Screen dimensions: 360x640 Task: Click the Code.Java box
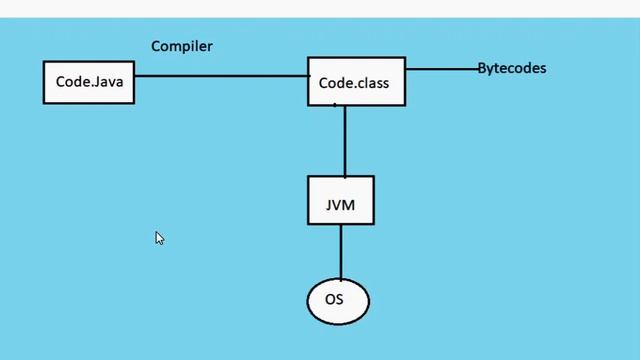click(88, 82)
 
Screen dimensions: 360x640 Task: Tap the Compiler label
click(181, 46)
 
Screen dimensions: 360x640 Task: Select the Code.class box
click(355, 81)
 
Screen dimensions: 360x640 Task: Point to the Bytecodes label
click(511, 68)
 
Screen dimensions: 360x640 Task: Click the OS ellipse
click(339, 300)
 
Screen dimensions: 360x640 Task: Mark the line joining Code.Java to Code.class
click(220, 75)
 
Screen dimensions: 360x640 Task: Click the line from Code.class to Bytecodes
click(440, 69)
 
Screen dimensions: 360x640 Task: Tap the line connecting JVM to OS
click(340, 252)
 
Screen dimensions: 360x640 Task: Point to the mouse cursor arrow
click(158, 237)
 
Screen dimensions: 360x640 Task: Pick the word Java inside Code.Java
click(108, 82)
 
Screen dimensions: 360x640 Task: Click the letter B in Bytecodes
click(481, 68)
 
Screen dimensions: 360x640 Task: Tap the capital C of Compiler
click(156, 46)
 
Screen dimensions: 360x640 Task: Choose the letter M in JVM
click(350, 207)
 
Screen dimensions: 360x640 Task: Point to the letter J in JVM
click(329, 207)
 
